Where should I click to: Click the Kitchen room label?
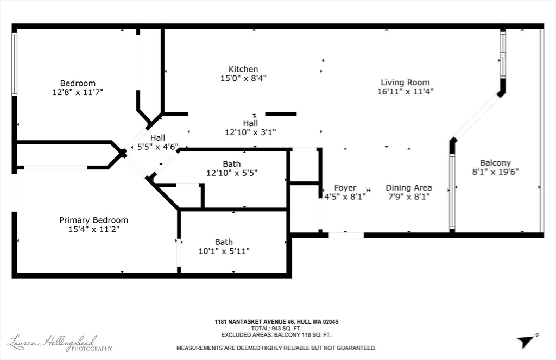[x=243, y=69]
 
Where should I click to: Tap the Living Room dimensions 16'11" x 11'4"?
[x=405, y=92]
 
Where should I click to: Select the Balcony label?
[x=495, y=163]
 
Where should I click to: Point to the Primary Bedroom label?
[x=93, y=220]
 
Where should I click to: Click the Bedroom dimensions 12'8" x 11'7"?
[x=78, y=92]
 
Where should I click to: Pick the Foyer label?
[x=345, y=188]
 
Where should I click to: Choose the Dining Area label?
[x=409, y=188]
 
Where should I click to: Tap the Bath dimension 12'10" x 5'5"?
[x=232, y=173]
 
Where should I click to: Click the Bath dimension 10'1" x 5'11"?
[x=224, y=251]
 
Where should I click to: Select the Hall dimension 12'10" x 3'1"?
[x=250, y=132]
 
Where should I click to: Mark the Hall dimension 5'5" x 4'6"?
[x=158, y=147]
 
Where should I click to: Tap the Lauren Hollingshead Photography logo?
[x=59, y=343]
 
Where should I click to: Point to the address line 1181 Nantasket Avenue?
[x=276, y=322]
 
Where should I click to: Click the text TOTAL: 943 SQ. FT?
[x=276, y=329]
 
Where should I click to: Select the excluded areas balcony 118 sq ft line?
[x=276, y=335]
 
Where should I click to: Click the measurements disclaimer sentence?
[x=276, y=348]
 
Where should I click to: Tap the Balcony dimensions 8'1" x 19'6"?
[x=495, y=172]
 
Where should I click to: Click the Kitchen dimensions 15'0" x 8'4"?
[x=243, y=78]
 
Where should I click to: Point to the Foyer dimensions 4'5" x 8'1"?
[x=345, y=197]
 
